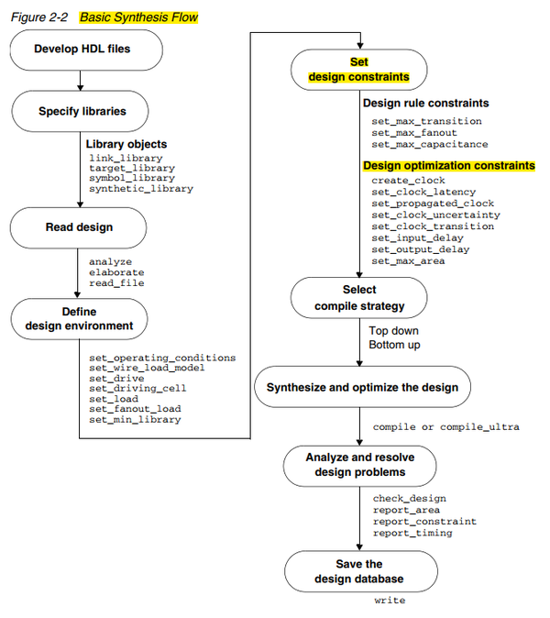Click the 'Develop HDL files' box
coord(82,49)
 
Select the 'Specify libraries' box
coord(82,111)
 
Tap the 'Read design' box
coord(82,226)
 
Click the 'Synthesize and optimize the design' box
coord(362,387)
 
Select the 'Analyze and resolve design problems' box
coord(358,466)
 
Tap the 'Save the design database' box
coord(358,571)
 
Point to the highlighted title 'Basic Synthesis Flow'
coord(138,17)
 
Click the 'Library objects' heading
coord(126,145)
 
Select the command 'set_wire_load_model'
coord(147,368)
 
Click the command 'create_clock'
coord(408,181)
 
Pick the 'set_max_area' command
coord(408,261)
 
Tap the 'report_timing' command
coord(412,533)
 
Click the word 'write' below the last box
coord(390,601)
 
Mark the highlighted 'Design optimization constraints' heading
coord(448,166)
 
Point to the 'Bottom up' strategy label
coord(396,345)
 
